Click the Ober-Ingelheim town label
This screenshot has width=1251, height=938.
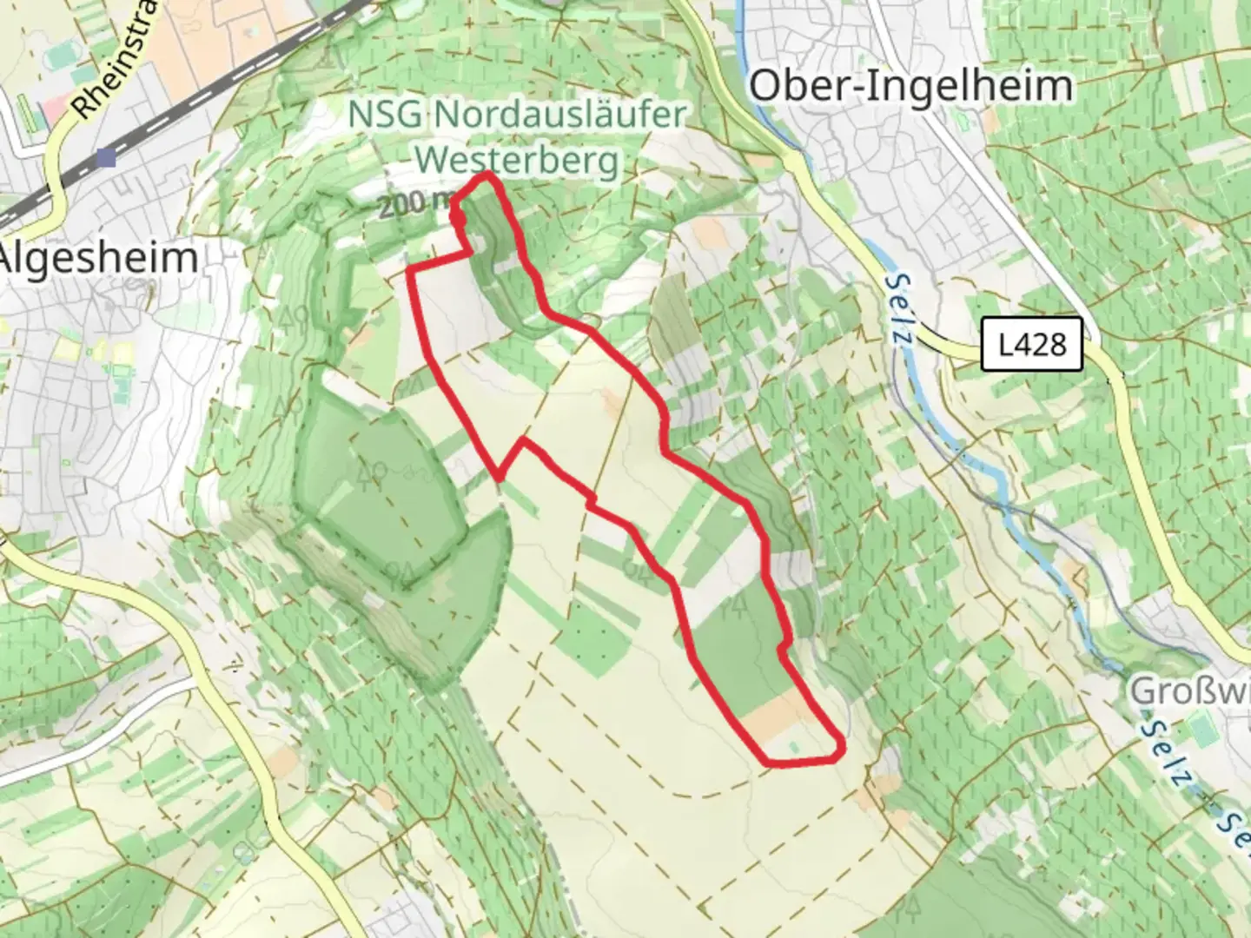910,87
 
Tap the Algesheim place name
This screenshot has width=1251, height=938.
99,259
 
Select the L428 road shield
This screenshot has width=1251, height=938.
1033,345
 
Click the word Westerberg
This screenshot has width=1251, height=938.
518,160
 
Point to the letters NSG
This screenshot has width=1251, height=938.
387,114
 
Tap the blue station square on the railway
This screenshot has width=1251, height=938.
106,157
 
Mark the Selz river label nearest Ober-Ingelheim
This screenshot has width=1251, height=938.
898,308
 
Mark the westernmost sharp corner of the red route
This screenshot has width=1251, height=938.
410,272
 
